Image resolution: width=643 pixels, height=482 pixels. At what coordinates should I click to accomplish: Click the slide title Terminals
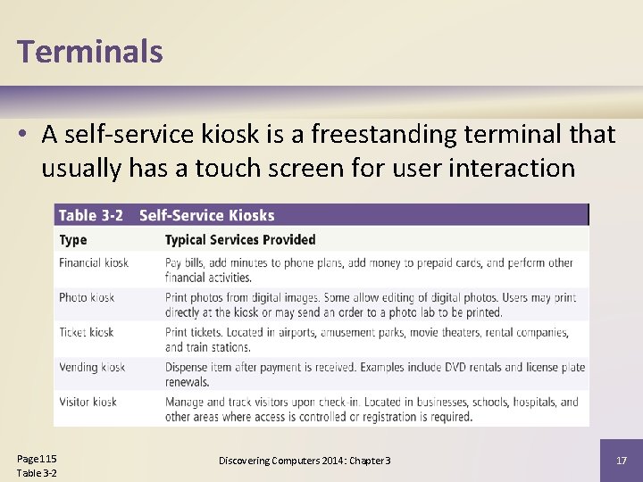pos(89,51)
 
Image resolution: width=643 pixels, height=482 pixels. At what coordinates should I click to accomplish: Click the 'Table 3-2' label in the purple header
pos(91,215)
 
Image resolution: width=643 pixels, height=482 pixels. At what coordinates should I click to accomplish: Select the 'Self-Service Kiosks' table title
pos(206,215)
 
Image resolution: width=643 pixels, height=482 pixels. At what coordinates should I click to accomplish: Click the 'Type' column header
pos(73,239)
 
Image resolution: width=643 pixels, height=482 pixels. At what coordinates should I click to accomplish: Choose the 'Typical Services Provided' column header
pos(240,239)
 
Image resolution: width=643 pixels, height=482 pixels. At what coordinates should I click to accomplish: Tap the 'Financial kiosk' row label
pos(94,262)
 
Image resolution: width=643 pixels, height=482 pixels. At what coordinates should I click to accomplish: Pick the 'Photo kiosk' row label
pos(87,297)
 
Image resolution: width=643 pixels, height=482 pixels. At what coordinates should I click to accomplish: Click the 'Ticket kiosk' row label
pos(87,332)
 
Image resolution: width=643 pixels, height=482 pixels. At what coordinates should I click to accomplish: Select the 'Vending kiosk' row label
pos(92,367)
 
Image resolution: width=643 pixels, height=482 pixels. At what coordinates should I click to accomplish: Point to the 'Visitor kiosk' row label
pos(88,402)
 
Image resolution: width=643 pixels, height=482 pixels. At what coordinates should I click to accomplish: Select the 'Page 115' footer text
pos(37,459)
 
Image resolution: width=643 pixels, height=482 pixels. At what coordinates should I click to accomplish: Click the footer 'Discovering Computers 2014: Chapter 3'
pos(305,461)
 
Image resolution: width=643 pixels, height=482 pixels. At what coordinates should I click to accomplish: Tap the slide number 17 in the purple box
pos(622,461)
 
